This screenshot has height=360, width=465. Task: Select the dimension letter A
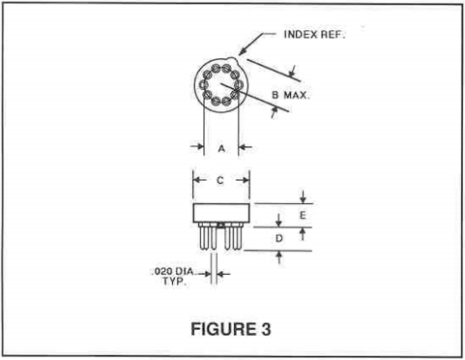click(x=221, y=148)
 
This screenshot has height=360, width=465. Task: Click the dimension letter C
click(x=221, y=180)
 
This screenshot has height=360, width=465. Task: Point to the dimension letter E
click(x=302, y=214)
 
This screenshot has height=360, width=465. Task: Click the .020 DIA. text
click(x=174, y=272)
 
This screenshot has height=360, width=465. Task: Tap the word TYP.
click(x=173, y=283)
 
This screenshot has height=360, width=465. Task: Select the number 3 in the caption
click(x=264, y=327)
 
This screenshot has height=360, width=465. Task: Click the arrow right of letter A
click(x=244, y=148)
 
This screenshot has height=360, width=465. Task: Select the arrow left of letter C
click(x=198, y=180)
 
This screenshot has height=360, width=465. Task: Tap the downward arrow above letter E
click(x=303, y=198)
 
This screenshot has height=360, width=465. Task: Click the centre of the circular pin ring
click(x=220, y=86)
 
